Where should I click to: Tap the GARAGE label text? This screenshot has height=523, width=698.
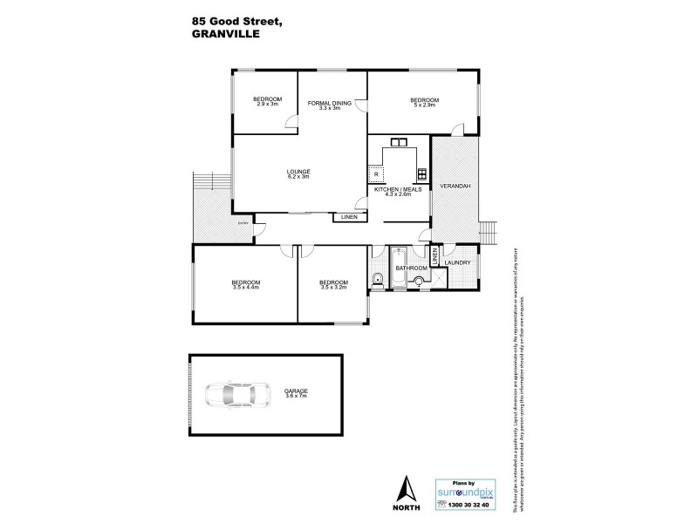pos(296,391)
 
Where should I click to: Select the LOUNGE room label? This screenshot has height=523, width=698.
pos(299,172)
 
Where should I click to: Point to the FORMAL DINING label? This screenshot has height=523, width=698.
pos(330,103)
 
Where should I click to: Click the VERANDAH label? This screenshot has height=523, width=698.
pos(455,187)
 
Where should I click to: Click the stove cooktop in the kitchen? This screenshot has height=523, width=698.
pos(422,172)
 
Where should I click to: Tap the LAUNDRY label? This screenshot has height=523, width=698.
pos(457,262)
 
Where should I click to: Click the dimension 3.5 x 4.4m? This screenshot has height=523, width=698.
pos(245,288)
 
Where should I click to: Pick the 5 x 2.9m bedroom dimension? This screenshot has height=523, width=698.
pos(424,105)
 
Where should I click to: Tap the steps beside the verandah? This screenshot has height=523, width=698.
pos(489,234)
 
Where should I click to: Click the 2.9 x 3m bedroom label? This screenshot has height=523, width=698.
pos(267,104)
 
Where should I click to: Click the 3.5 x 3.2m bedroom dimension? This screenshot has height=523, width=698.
pos(333,287)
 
